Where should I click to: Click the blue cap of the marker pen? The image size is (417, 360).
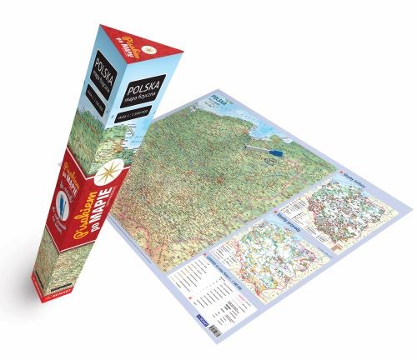(276, 153)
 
